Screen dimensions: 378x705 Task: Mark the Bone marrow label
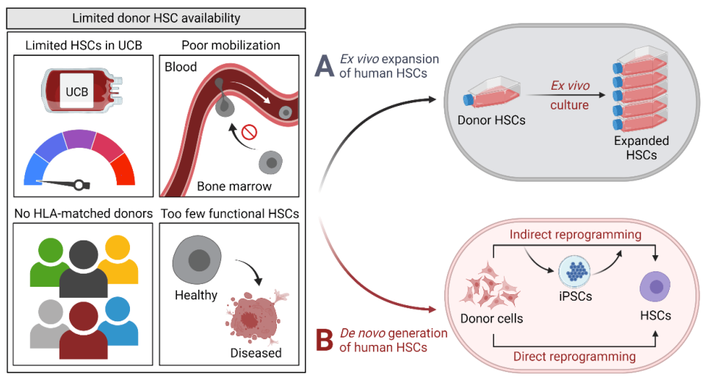click(234, 186)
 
